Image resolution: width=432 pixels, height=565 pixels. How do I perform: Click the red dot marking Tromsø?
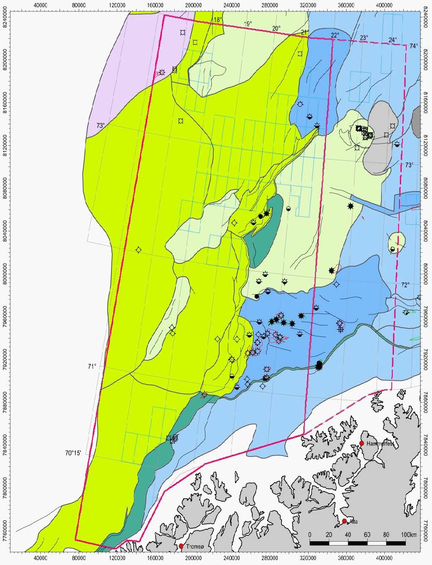(181, 546)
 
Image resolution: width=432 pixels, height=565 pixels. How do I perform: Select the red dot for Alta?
(345, 521)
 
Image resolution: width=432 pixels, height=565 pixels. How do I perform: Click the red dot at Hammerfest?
(362, 443)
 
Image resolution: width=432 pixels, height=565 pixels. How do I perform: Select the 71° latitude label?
(93, 367)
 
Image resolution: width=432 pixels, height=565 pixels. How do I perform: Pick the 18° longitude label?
(217, 20)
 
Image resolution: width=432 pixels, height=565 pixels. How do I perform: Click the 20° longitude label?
(276, 28)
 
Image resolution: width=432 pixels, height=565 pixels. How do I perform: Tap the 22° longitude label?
(335, 35)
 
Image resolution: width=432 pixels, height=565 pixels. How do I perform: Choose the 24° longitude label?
(393, 40)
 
